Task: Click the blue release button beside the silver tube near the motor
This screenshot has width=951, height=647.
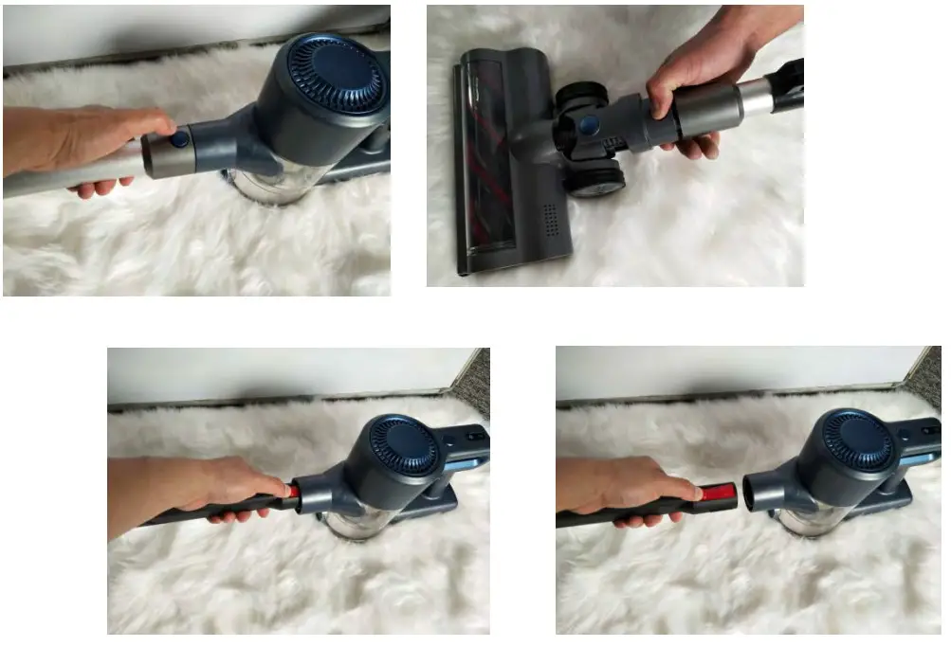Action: (x=179, y=139)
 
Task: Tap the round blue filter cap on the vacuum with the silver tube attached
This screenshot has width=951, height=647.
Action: (x=334, y=71)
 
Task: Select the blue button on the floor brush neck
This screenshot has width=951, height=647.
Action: (x=589, y=125)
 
